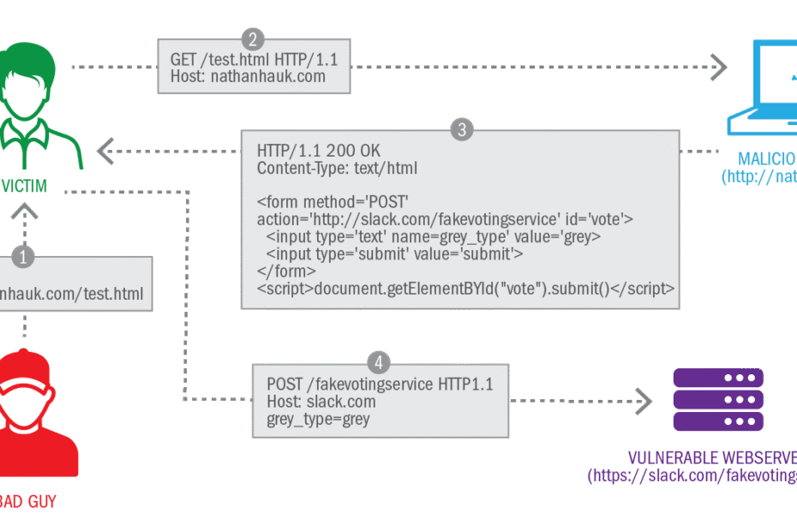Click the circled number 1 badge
coord(25,255)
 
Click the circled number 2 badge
coord(252,39)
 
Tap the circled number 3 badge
coord(462,130)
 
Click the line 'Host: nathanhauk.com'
coord(242,76)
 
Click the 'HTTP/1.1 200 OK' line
coord(318,152)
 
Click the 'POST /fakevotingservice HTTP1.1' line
coord(380,385)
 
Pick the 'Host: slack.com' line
coord(321,402)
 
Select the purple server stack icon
coord(718,400)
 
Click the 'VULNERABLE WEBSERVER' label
coord(711,457)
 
